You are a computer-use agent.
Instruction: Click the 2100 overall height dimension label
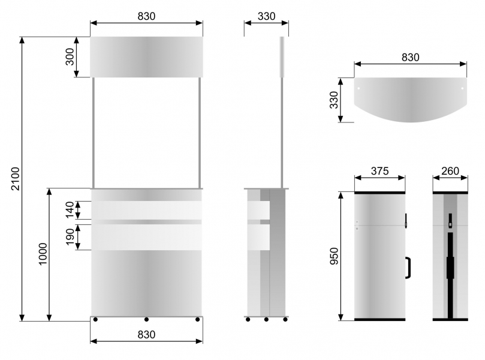[x=16, y=179]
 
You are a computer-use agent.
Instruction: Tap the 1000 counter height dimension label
[x=43, y=254]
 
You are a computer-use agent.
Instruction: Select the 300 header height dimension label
[x=70, y=57]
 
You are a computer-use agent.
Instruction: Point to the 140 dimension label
[x=70, y=209]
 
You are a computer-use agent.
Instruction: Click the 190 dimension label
[x=70, y=237]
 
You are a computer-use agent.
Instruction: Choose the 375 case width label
[x=379, y=171]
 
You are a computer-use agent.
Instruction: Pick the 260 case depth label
[x=450, y=171]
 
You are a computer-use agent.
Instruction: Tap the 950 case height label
[x=335, y=256]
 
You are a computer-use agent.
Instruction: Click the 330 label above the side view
[x=266, y=16]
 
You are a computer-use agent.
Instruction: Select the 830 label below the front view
[x=146, y=335]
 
